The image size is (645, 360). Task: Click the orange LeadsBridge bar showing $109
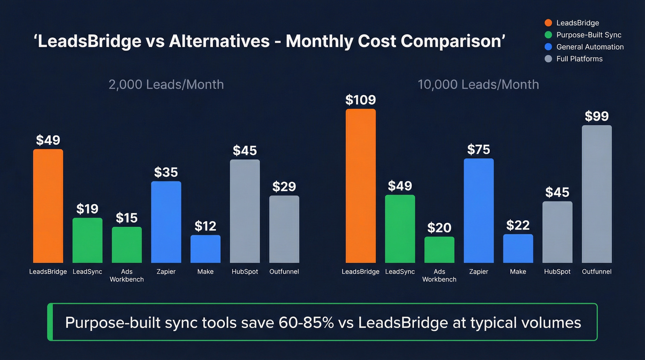tap(361, 186)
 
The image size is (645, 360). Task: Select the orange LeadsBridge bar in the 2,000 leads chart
tap(48, 206)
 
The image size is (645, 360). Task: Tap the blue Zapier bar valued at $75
tap(479, 211)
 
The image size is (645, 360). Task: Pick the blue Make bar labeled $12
tap(205, 249)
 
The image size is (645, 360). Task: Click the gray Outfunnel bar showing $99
tap(597, 194)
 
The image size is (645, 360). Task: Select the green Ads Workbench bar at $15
tap(127, 245)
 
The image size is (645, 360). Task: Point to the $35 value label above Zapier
tap(166, 172)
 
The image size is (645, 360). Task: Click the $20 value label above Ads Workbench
tap(439, 228)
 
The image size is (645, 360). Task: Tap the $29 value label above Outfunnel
tap(284, 187)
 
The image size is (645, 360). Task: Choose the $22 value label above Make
tap(518, 225)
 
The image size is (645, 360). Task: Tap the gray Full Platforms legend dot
tap(548, 59)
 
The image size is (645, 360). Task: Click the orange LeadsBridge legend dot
tap(548, 23)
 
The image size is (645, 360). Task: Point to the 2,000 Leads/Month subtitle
tap(166, 85)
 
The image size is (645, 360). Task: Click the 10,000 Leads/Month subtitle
tap(478, 85)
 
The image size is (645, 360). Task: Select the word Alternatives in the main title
tap(219, 41)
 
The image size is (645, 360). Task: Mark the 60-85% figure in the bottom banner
tap(306, 323)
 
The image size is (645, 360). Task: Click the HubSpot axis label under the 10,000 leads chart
tap(557, 272)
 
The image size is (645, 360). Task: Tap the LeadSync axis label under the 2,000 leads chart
tap(88, 272)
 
